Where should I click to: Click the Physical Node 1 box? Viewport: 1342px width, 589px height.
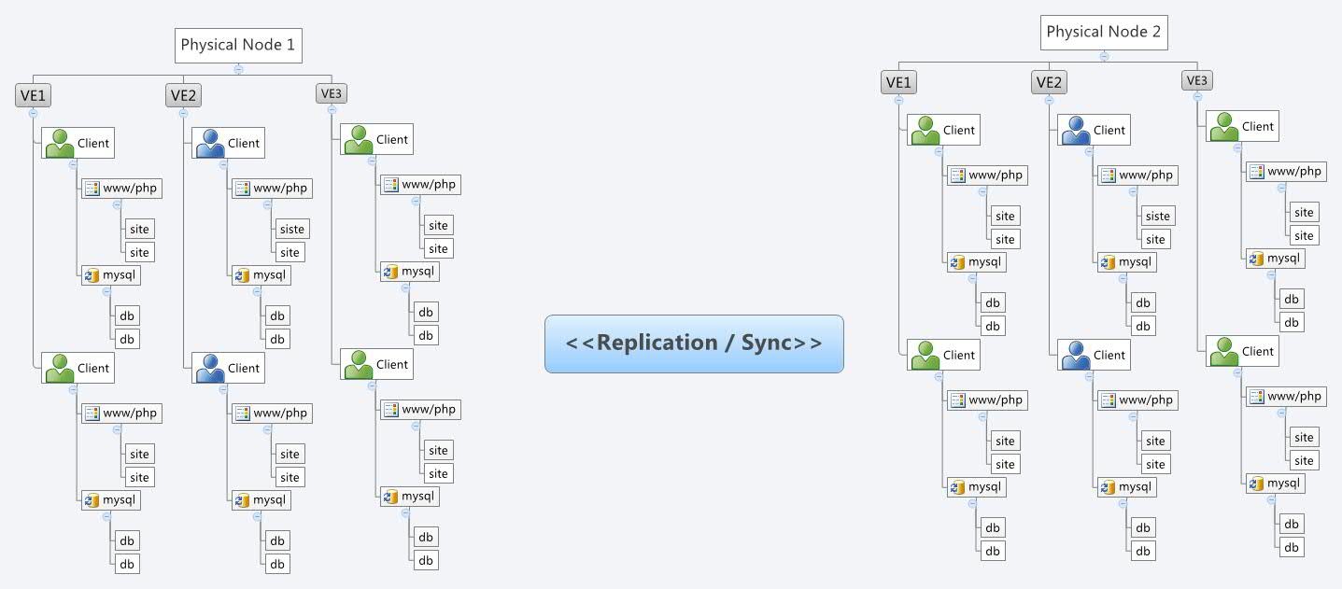click(x=239, y=45)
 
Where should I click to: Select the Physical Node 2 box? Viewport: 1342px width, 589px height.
click(x=1104, y=32)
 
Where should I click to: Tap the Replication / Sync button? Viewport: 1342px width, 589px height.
click(x=694, y=344)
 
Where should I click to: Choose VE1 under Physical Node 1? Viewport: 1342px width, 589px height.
click(x=33, y=94)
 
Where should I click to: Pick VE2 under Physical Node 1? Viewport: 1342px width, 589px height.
click(x=183, y=94)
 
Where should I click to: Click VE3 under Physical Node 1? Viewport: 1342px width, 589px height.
click(x=332, y=92)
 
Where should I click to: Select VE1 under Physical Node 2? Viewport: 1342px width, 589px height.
click(x=898, y=82)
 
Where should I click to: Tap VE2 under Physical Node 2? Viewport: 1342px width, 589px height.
click(x=1049, y=82)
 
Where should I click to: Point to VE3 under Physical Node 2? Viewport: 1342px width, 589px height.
click(x=1196, y=80)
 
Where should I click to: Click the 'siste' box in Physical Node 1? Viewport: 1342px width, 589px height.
click(x=291, y=229)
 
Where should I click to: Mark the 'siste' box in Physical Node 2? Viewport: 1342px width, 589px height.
click(x=1157, y=216)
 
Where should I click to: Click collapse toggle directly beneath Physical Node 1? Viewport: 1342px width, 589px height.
click(x=239, y=68)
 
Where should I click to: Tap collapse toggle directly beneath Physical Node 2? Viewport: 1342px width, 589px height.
click(x=1104, y=55)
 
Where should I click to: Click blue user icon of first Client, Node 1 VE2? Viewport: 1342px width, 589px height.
click(x=209, y=143)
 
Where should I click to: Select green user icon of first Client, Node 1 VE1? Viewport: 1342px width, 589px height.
click(x=59, y=143)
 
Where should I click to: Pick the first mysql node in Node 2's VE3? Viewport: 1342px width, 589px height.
click(x=1275, y=259)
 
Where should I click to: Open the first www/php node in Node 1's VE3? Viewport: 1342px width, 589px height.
click(x=420, y=185)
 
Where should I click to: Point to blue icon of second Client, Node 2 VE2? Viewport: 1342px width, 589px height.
click(x=1075, y=355)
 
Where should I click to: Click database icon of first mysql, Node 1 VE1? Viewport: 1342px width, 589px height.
click(x=92, y=275)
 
